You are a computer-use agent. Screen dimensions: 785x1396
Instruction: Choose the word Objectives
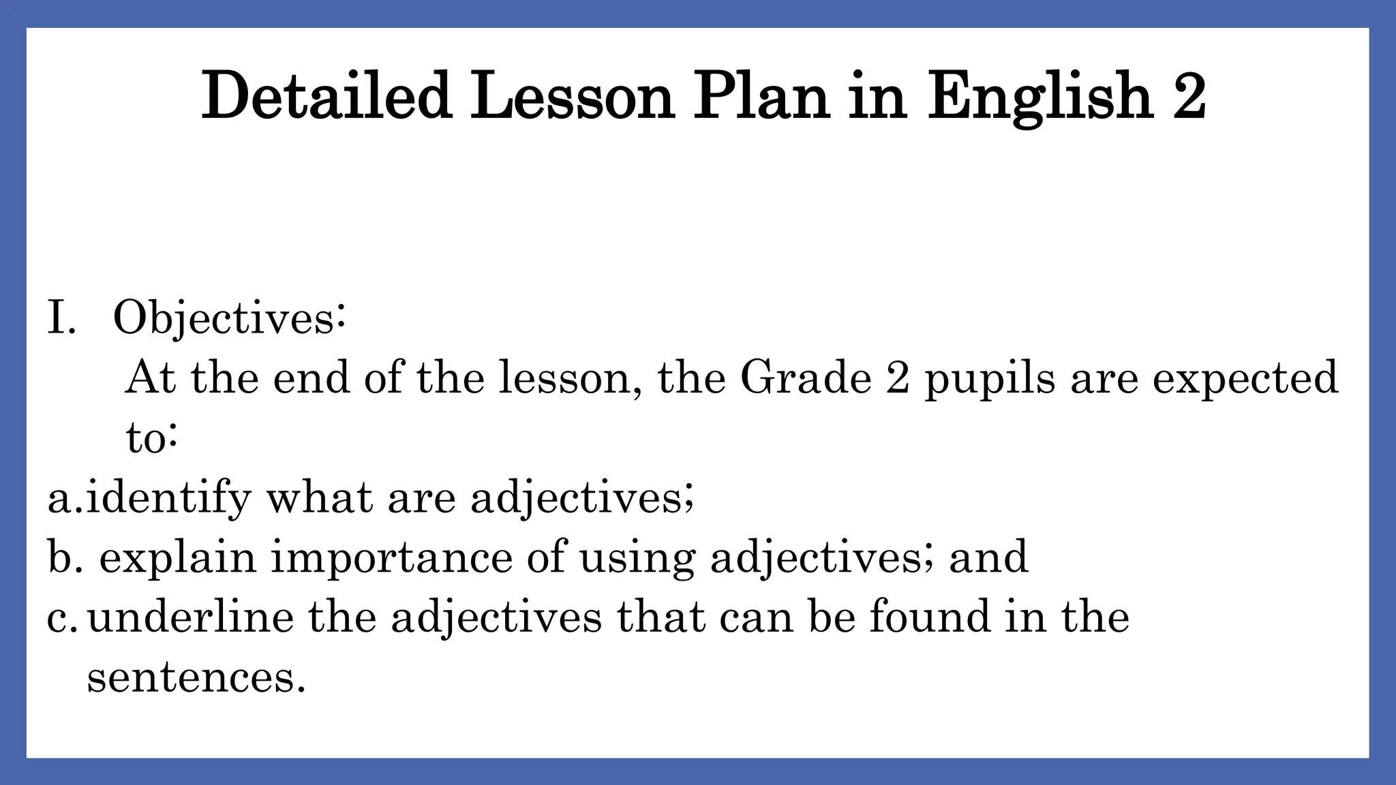pos(229,318)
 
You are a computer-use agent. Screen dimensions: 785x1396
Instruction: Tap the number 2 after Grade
pos(898,378)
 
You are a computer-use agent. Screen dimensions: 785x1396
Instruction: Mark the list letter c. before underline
pos(63,617)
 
